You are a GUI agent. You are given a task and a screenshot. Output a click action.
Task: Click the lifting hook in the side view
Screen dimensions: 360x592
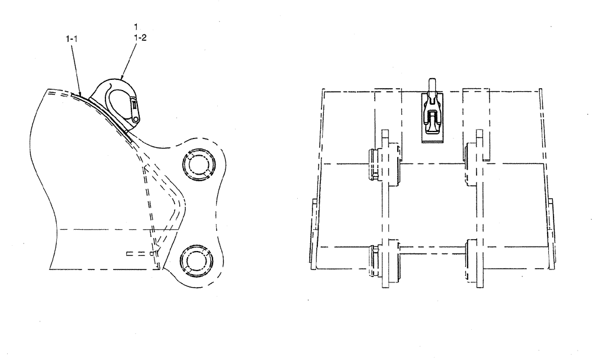coord(121,98)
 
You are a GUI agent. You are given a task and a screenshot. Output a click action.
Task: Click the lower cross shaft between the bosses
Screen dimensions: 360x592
coord(432,254)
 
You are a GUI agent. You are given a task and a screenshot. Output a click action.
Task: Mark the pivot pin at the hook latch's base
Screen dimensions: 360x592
coord(136,119)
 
